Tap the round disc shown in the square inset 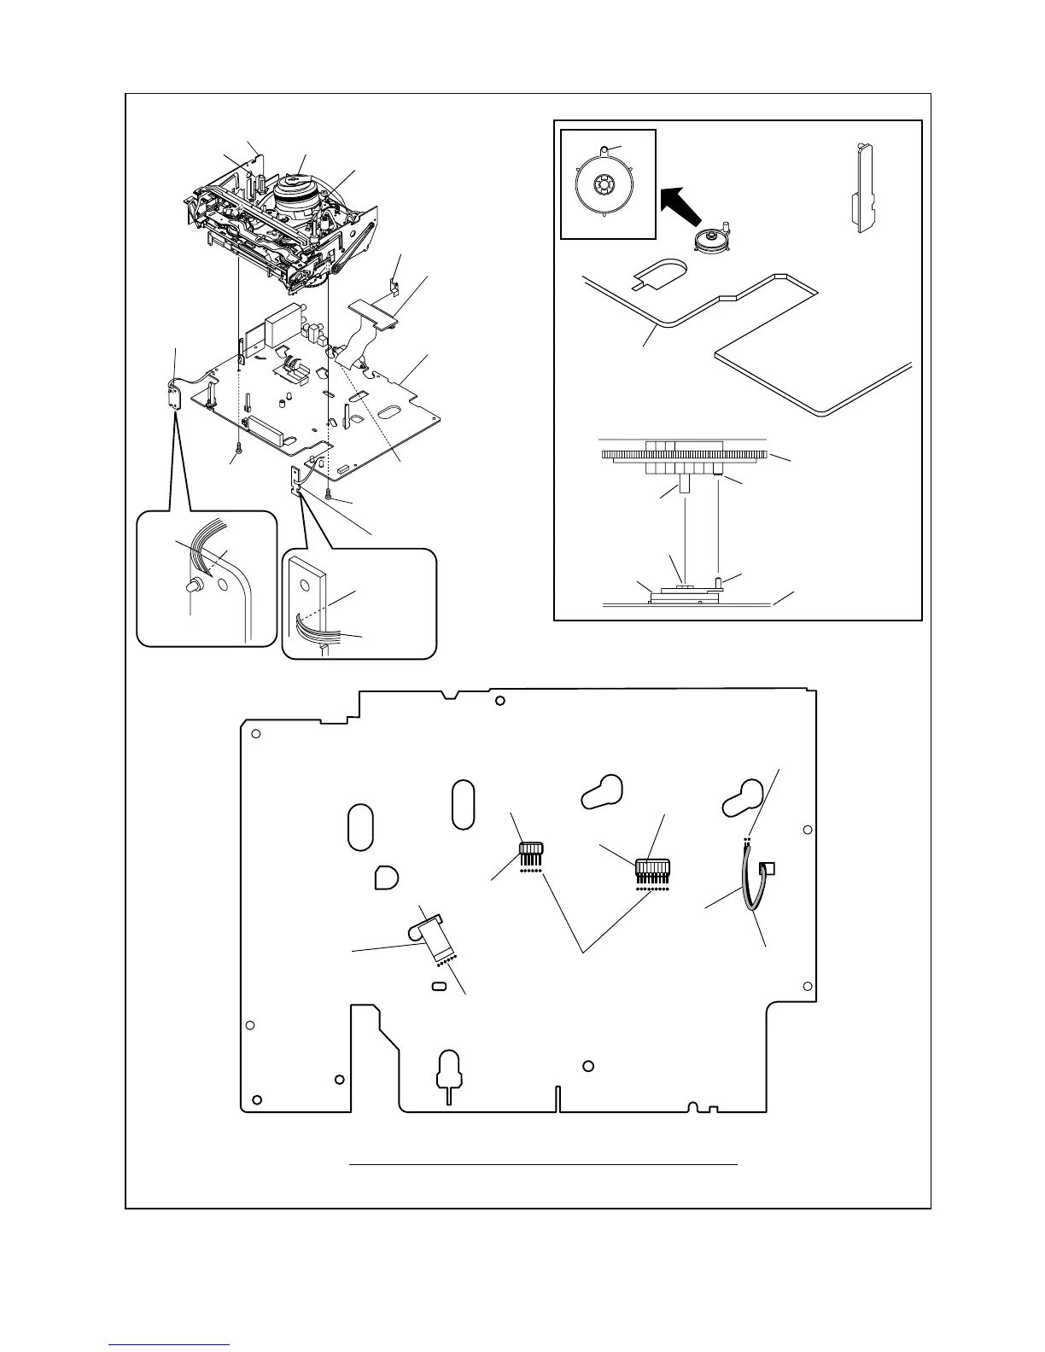603,185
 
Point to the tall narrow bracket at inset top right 861,189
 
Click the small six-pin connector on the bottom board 531,853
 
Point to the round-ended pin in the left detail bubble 194,586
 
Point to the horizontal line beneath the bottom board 543,1163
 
